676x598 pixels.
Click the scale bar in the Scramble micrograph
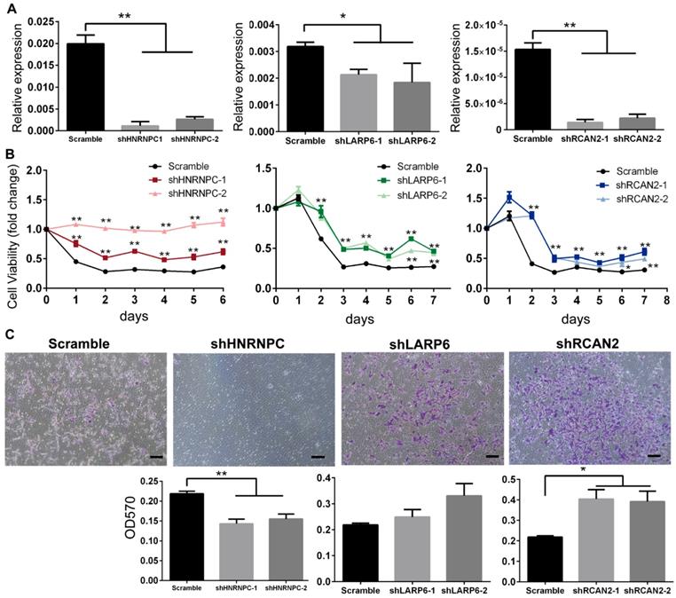coord(153,457)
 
